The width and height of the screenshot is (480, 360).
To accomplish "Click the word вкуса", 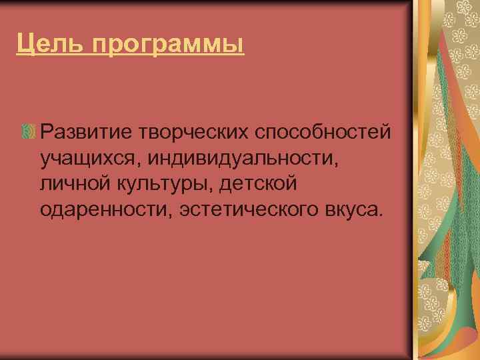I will (x=352, y=210).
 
